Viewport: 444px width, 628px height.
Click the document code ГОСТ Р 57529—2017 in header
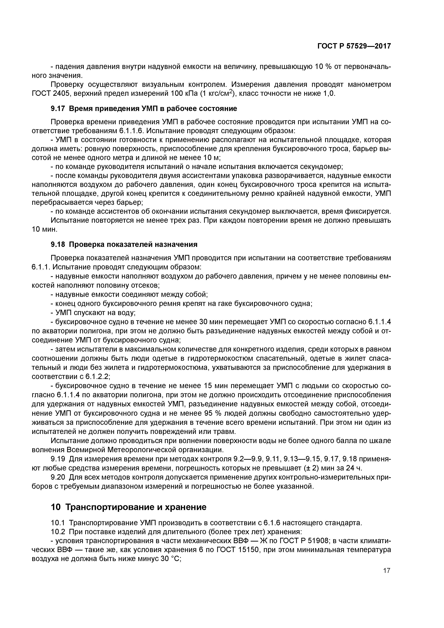pyautogui.click(x=354, y=46)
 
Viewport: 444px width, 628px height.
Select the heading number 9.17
pyautogui.click(x=58, y=109)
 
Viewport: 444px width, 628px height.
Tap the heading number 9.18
pyautogui.click(x=58, y=244)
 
